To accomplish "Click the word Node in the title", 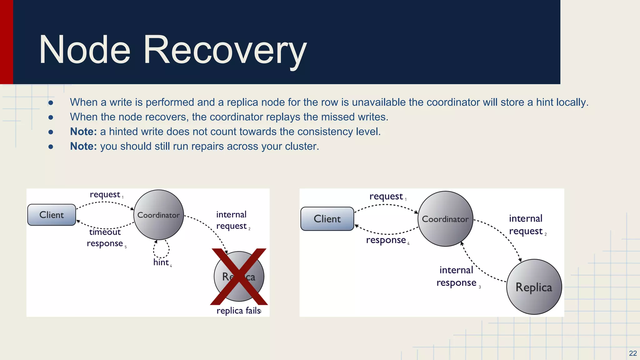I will [x=84, y=50].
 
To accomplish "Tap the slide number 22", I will [x=633, y=353].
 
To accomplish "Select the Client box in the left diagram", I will [x=52, y=215].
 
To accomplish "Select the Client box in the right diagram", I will [x=327, y=219].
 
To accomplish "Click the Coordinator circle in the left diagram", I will [x=158, y=215].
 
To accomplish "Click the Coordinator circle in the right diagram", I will [x=445, y=219].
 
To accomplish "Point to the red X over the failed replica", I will [x=239, y=277].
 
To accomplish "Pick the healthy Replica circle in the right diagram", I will [x=534, y=287].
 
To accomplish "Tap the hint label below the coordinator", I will [x=161, y=262].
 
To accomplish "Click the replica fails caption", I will [x=238, y=311].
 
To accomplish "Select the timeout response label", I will [x=105, y=238].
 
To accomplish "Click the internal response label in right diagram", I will [x=456, y=276].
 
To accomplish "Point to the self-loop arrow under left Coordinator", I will [x=161, y=249].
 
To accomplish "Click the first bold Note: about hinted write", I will [x=83, y=132].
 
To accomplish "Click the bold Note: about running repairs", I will [x=83, y=146].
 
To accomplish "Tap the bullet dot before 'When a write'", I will [x=51, y=102].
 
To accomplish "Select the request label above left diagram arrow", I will [x=105, y=194].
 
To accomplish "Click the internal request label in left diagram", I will [x=231, y=220].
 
